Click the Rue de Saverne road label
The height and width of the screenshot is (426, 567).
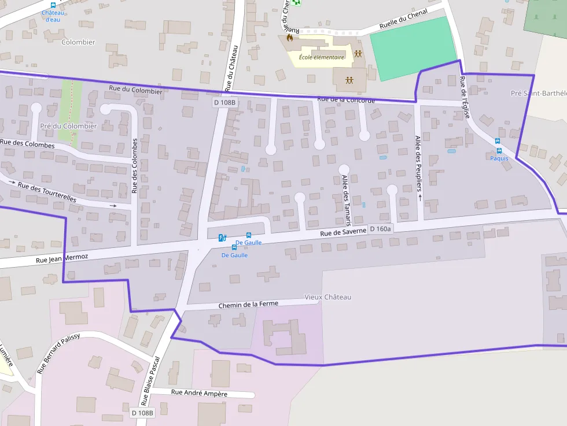[344, 232]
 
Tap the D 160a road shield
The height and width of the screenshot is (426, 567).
[380, 229]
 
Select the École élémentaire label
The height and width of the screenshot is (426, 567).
[322, 57]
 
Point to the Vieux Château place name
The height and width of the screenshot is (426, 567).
[327, 297]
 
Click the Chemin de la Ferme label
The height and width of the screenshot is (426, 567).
[248, 305]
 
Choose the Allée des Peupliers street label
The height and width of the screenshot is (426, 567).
[418, 163]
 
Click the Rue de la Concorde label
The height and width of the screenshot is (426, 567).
[346, 100]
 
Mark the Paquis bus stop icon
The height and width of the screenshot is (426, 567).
[498, 141]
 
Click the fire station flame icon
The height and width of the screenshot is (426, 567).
[289, 39]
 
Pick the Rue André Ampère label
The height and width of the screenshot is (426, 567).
[200, 394]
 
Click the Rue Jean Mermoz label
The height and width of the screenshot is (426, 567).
[62, 258]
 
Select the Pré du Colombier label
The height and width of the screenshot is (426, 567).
[68, 126]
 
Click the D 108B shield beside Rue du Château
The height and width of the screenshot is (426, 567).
[224, 102]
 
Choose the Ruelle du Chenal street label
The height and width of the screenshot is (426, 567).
[403, 20]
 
